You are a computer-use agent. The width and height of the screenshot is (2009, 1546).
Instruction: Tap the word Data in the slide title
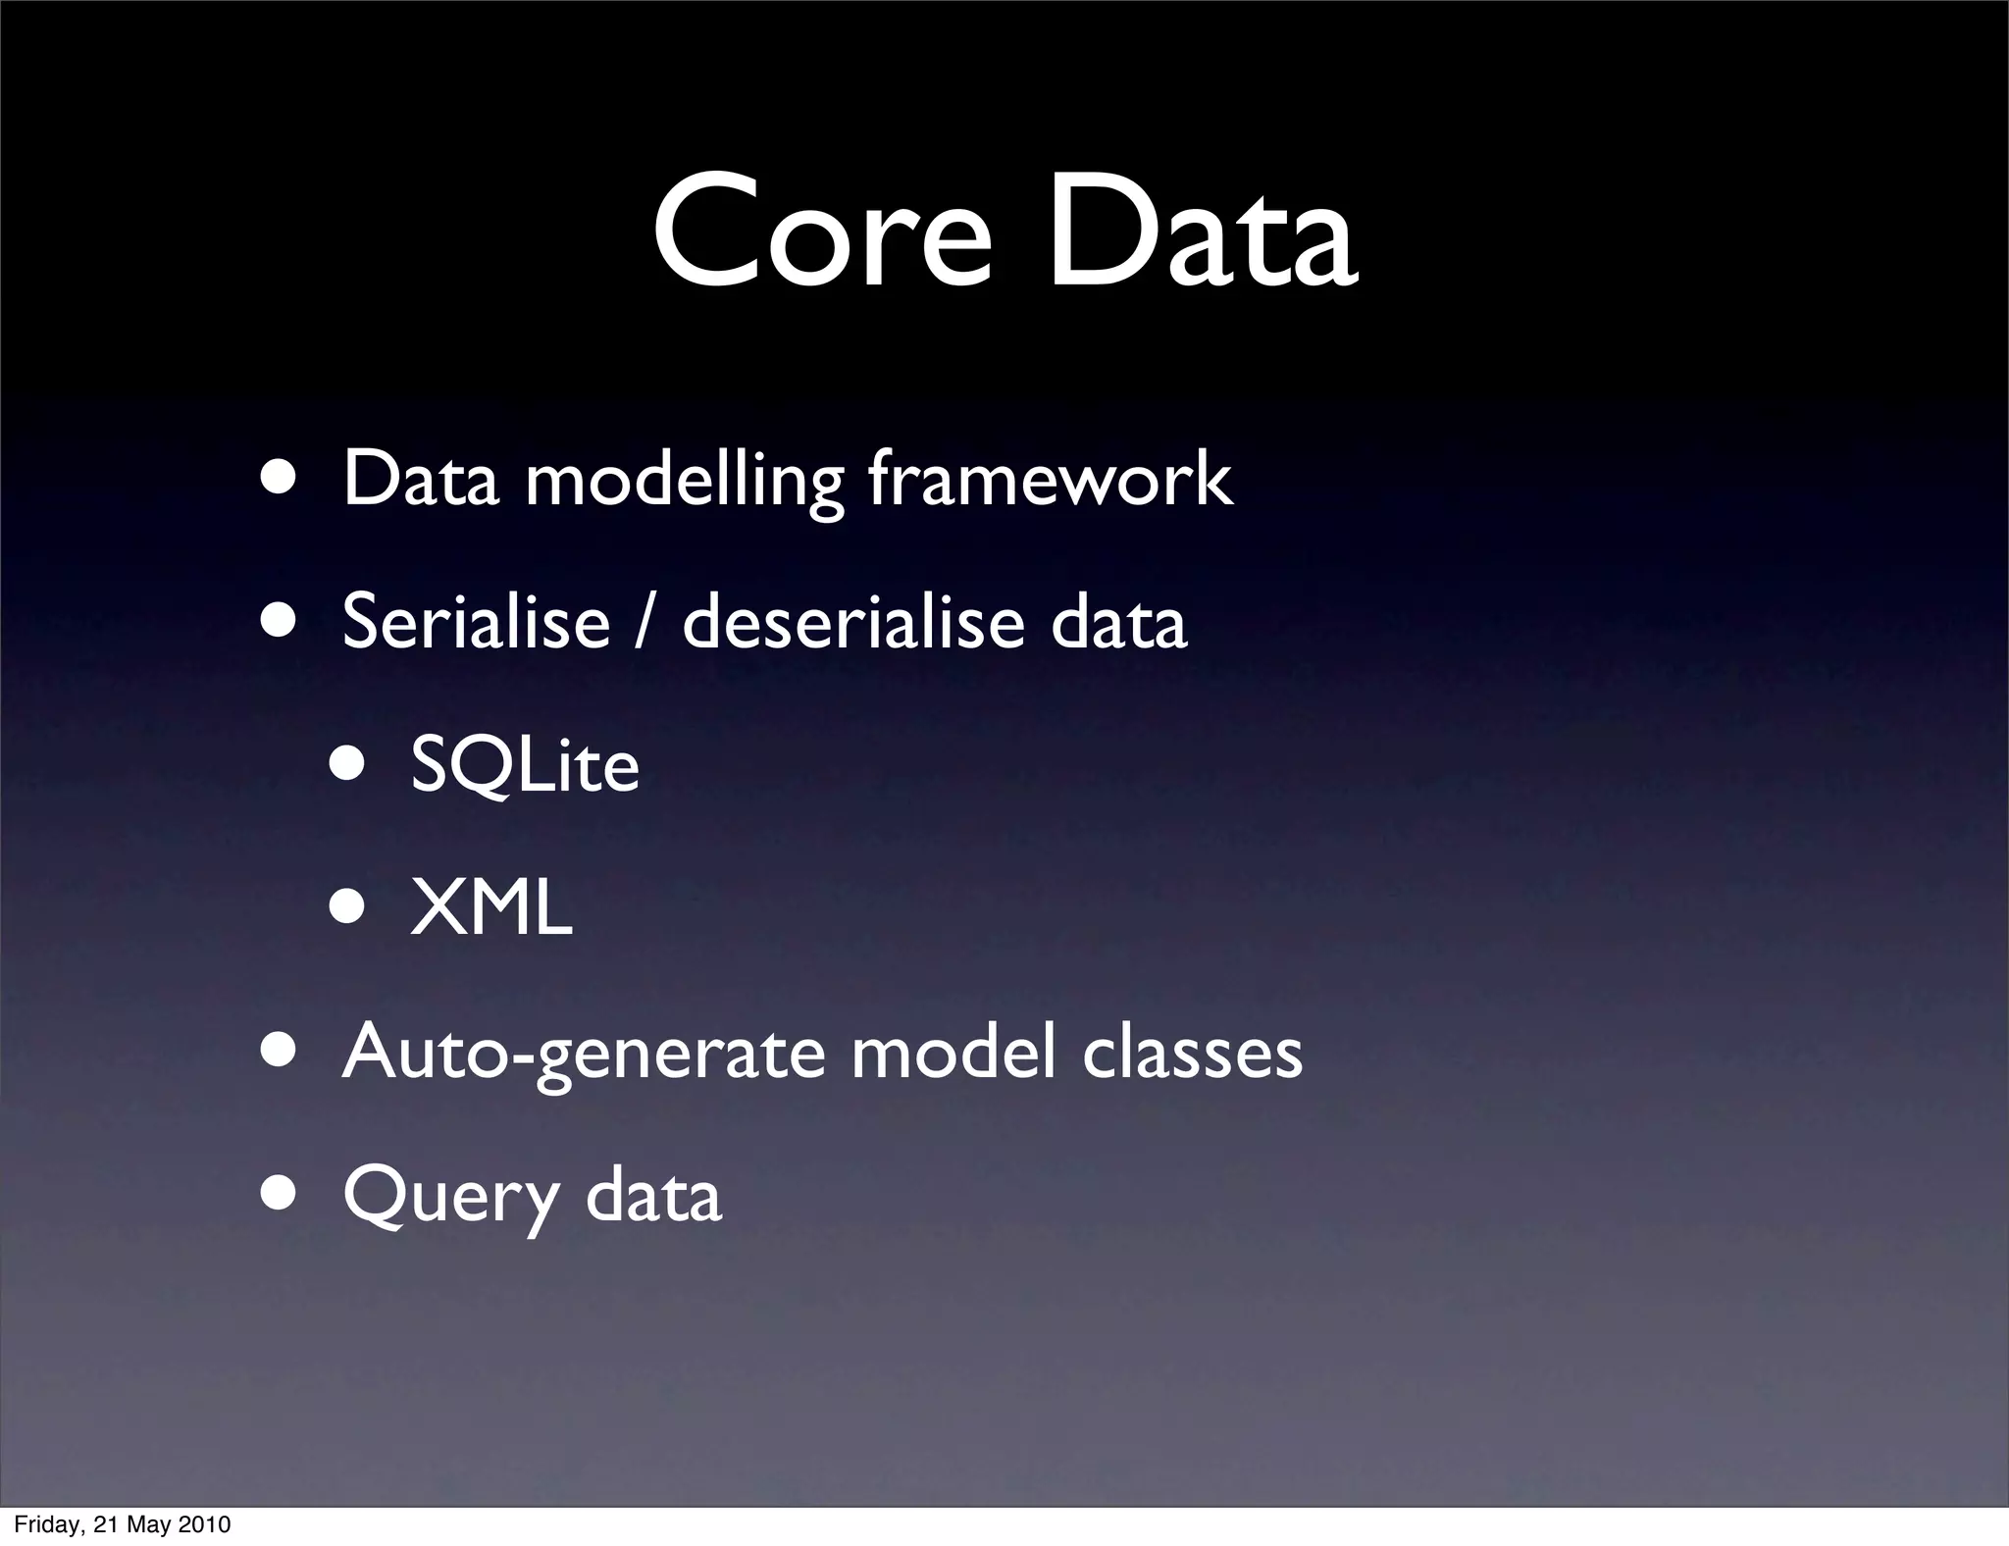pos(1202,233)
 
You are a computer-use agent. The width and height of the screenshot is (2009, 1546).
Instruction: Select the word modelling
pos(684,480)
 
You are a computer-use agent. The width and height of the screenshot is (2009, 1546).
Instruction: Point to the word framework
pos(1050,480)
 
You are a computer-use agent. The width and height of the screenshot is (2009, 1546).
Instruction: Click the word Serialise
pos(476,622)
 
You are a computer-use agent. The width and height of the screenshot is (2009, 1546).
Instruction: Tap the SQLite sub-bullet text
pos(525,765)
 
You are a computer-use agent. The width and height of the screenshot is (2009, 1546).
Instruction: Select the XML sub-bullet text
pos(490,908)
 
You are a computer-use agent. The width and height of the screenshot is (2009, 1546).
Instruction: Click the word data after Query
pos(653,1195)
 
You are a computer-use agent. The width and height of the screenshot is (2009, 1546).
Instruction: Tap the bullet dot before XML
pos(348,907)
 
